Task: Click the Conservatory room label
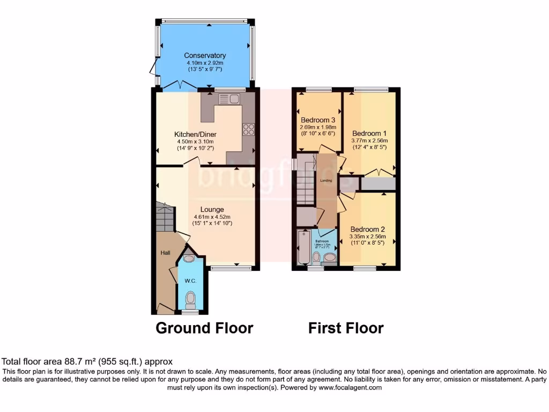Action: point(205,55)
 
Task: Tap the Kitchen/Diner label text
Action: point(196,134)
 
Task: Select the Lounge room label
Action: point(212,209)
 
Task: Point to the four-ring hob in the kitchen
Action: point(249,129)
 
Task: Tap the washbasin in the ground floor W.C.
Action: point(189,259)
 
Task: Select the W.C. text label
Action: point(190,281)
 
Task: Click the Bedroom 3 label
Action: point(318,120)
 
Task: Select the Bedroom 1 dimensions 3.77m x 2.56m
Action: point(369,140)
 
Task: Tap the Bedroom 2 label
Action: point(367,229)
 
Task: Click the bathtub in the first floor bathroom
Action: point(304,247)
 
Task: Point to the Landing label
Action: point(326,181)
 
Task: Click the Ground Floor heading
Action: point(204,328)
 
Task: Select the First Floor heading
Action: point(346,328)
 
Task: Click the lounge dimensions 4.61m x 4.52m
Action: point(212,217)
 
